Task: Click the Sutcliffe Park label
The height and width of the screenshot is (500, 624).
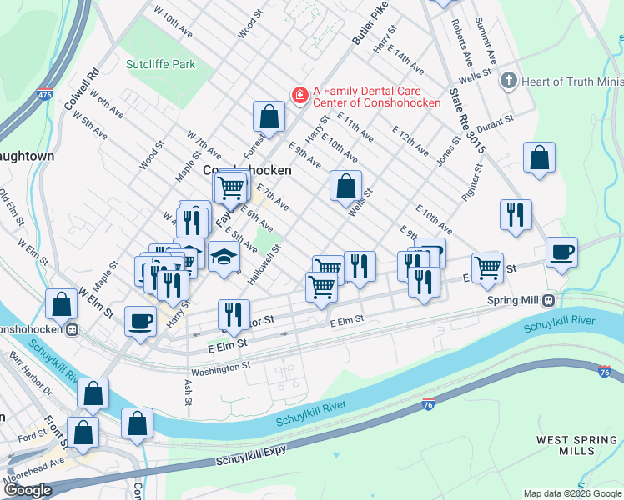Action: (160, 64)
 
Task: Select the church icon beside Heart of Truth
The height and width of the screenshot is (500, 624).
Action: (507, 82)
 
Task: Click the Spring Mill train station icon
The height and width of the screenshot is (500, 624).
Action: (549, 300)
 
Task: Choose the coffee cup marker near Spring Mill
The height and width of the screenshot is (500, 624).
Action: (561, 252)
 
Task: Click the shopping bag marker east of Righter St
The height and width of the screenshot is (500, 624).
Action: (540, 158)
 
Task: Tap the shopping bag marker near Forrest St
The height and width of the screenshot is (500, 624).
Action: (269, 117)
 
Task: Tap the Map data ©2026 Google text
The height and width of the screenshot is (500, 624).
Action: (572, 493)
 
